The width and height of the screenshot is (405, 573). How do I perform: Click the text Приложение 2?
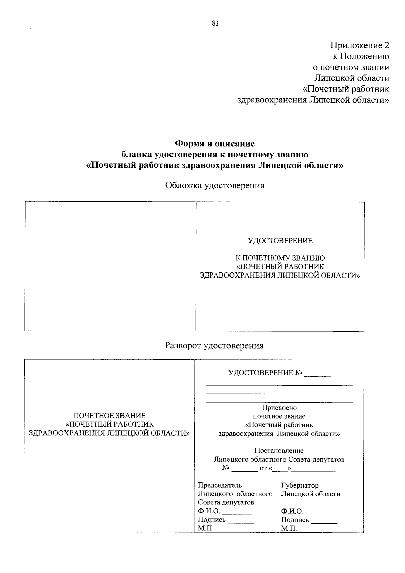[360, 45]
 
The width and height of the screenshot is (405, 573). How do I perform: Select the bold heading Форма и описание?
[215, 144]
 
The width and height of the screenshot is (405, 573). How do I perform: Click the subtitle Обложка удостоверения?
[215, 185]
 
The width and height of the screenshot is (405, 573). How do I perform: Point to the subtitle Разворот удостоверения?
[214, 346]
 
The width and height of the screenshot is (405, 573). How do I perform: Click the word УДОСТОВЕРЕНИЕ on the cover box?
[280, 241]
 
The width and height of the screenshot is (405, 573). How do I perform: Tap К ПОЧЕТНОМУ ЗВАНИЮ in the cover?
[280, 258]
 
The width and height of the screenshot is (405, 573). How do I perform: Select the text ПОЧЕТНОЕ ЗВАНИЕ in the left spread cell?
[110, 416]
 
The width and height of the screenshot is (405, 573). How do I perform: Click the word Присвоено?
[279, 408]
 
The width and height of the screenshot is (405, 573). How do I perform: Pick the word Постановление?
[279, 450]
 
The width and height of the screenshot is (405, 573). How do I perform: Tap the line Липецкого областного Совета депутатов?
[279, 459]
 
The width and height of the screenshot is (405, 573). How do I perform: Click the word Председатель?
[220, 485]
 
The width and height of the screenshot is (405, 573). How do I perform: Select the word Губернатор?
[300, 485]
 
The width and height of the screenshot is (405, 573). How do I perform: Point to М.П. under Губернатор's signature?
[289, 529]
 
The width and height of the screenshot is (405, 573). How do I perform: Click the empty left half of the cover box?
[110, 266]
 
